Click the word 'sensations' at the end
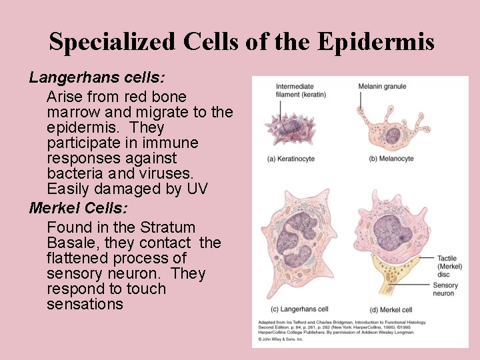[85, 305]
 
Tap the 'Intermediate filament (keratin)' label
[301, 90]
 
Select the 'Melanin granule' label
[382, 86]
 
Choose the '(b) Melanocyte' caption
[391, 159]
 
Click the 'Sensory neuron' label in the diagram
[445, 289]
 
